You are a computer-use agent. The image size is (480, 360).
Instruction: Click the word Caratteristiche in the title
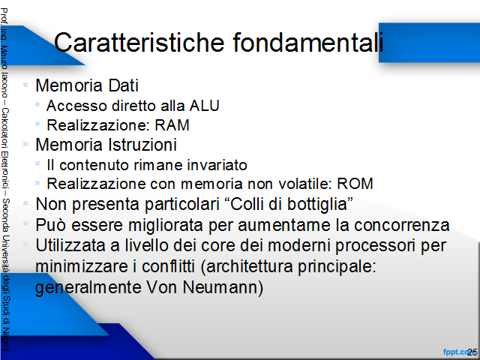pyautogui.click(x=139, y=42)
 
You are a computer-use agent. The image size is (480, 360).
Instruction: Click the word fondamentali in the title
pyautogui.click(x=308, y=42)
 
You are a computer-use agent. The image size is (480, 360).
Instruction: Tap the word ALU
pyautogui.click(x=205, y=106)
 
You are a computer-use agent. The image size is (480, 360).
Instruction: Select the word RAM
pyautogui.click(x=172, y=125)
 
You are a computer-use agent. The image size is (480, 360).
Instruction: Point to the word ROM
pyautogui.click(x=355, y=184)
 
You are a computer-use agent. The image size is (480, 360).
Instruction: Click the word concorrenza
pyautogui.click(x=402, y=226)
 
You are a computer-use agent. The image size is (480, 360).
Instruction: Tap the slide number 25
pyautogui.click(x=472, y=352)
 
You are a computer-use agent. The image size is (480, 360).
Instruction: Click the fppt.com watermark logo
pyautogui.click(x=456, y=352)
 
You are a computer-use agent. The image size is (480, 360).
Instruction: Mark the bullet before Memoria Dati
pyautogui.click(x=25, y=85)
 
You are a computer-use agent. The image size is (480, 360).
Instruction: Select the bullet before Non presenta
pyautogui.click(x=25, y=203)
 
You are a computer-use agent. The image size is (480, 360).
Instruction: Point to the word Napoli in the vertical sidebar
pyautogui.click(x=5, y=340)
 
